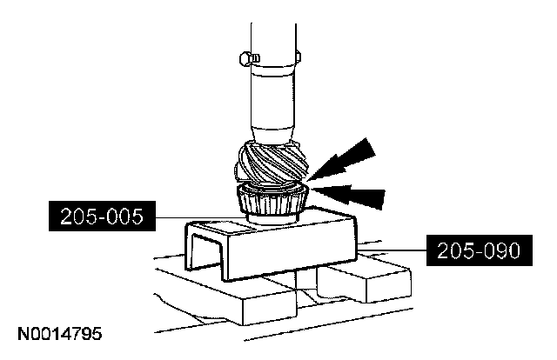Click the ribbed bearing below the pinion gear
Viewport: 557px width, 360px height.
click(271, 202)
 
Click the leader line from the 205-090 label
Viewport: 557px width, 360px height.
click(393, 251)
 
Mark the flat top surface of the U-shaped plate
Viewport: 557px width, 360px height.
click(270, 230)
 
